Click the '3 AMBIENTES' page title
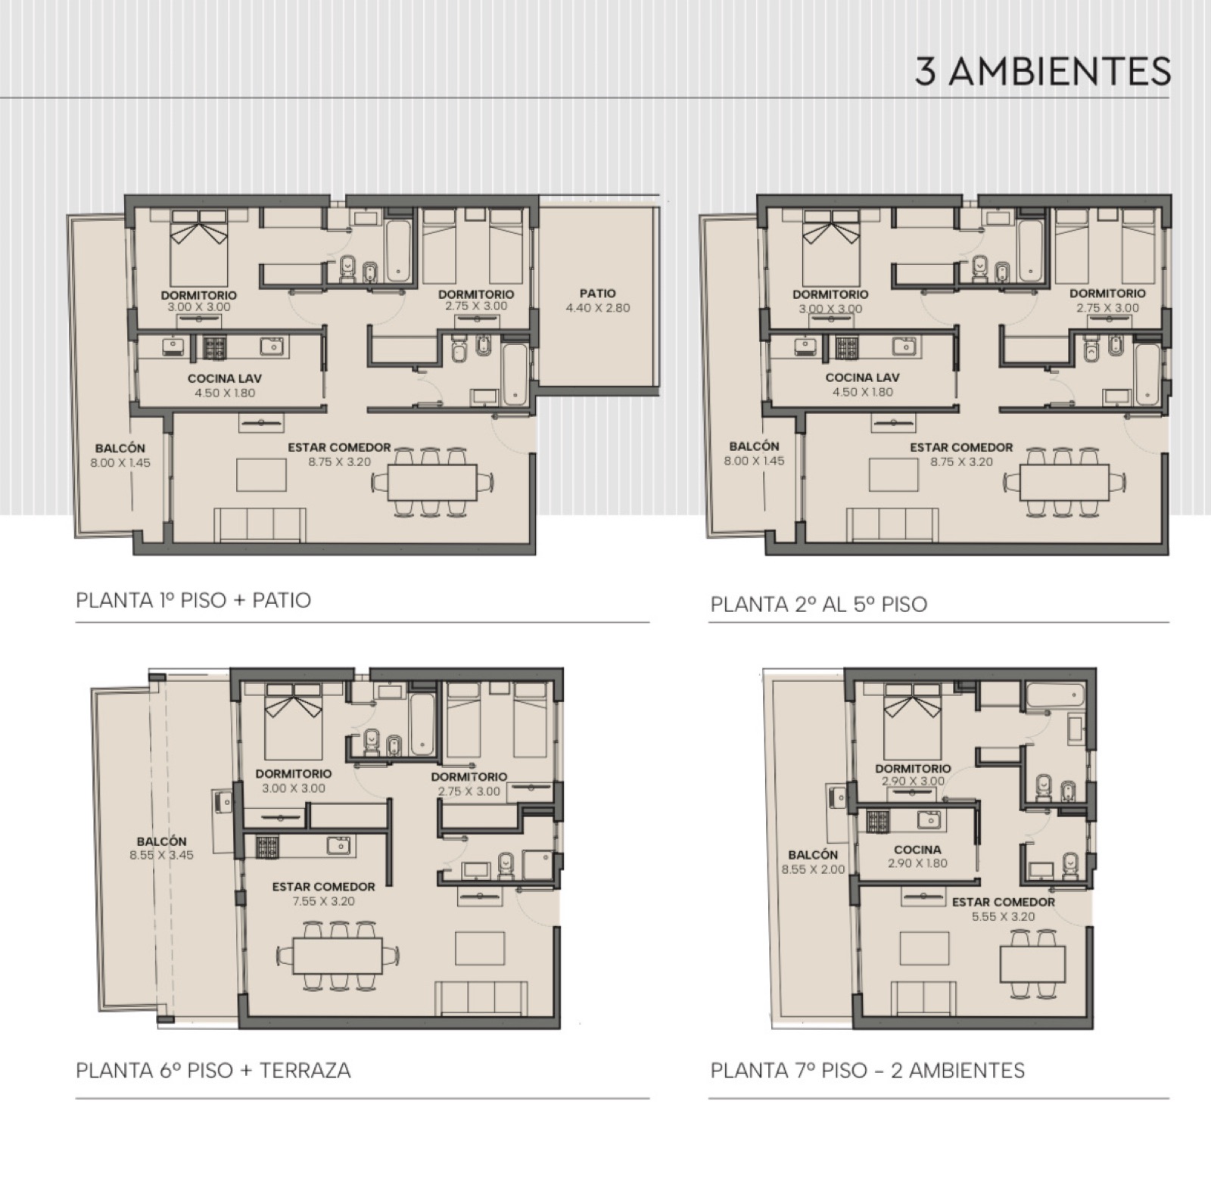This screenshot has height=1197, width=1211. [1042, 72]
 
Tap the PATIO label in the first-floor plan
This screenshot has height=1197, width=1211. [598, 294]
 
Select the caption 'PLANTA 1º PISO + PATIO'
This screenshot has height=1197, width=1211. [193, 601]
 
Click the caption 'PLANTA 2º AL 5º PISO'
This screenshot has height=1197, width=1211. [818, 605]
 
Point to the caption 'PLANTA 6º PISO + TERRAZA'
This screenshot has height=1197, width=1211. [213, 1071]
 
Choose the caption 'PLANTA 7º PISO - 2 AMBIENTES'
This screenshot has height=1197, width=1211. [867, 1071]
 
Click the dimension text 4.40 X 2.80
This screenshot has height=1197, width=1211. [598, 308]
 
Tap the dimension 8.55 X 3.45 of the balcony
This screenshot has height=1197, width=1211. [162, 855]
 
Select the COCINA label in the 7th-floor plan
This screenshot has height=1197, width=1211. [917, 850]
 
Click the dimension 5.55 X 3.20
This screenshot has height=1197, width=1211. [1003, 916]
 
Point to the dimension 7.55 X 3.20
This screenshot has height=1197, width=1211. [323, 901]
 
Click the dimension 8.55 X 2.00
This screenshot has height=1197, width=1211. [813, 869]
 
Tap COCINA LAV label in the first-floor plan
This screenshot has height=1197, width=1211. [225, 378]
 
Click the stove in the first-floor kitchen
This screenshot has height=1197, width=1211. [214, 347]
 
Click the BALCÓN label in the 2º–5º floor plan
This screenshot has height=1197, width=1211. [754, 446]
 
